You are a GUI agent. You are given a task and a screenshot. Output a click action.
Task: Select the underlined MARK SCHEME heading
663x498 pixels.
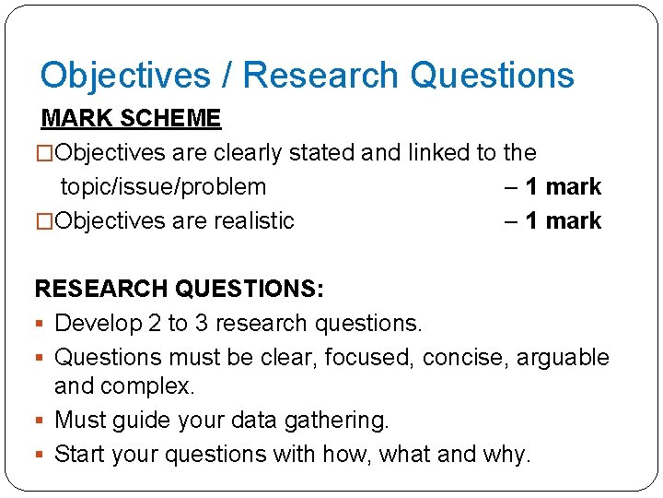click(x=131, y=118)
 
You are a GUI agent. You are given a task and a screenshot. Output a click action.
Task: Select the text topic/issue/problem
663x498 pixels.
click(x=163, y=186)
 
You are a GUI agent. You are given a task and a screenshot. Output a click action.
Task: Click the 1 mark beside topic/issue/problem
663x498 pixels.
click(x=563, y=186)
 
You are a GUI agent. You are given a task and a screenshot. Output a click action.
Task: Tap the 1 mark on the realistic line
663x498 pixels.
click(x=563, y=220)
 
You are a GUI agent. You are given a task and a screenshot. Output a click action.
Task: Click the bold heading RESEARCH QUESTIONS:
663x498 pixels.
click(x=179, y=289)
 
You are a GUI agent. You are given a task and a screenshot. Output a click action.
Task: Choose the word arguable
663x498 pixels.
click(x=563, y=357)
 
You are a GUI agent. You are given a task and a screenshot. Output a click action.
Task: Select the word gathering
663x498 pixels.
click(x=338, y=420)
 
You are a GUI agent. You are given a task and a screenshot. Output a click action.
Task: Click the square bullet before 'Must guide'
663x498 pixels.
click(x=41, y=421)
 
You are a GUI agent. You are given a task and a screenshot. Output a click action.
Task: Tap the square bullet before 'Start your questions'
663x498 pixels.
click(x=41, y=455)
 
